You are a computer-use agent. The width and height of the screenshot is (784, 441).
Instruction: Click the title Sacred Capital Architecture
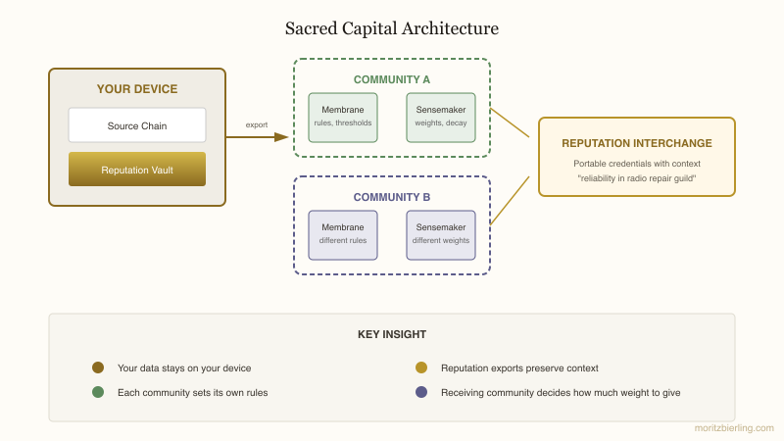point(392,28)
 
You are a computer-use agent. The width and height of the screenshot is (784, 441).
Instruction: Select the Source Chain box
point(137,125)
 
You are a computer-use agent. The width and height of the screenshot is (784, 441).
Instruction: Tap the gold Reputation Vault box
point(137,170)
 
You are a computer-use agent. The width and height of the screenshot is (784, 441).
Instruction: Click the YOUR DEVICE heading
point(137,89)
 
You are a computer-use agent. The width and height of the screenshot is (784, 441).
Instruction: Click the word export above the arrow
point(257,124)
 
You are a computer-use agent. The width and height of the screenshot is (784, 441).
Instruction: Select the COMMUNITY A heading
point(392,79)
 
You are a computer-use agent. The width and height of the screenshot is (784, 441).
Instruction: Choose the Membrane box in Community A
point(343,118)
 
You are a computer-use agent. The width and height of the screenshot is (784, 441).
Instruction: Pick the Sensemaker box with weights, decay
point(441,118)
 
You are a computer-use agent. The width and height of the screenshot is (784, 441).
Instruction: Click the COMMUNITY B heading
point(392,197)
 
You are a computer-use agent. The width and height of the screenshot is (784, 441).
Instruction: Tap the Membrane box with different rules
point(343,235)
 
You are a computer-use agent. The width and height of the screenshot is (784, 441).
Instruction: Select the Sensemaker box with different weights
point(441,235)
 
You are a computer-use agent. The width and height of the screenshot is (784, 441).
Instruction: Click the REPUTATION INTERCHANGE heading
point(637,143)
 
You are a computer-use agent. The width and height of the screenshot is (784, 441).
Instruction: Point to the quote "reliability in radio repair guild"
point(637,177)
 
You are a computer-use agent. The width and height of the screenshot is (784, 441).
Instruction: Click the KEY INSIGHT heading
point(392,334)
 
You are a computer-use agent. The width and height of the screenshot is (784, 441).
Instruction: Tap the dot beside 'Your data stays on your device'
point(98,367)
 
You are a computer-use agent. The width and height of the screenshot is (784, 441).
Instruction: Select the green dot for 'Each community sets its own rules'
point(98,392)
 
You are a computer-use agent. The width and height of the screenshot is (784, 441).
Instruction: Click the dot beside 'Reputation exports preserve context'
point(421,367)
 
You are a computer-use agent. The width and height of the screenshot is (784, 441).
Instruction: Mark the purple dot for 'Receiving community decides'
point(421,392)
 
